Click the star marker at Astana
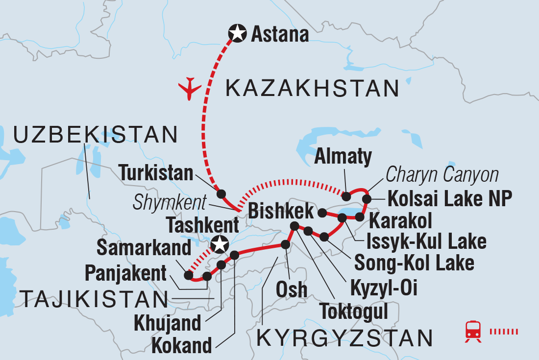tap(237, 34)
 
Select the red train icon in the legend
tap(473, 332)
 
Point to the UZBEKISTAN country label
tap(96, 134)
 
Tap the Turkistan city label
tap(156, 173)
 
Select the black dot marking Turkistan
tap(221, 193)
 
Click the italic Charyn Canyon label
tap(442, 175)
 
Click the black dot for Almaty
tap(346, 196)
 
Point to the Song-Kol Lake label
tap(414, 263)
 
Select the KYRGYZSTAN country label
tap(345, 338)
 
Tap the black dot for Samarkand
tap(189, 275)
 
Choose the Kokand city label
tap(181, 346)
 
